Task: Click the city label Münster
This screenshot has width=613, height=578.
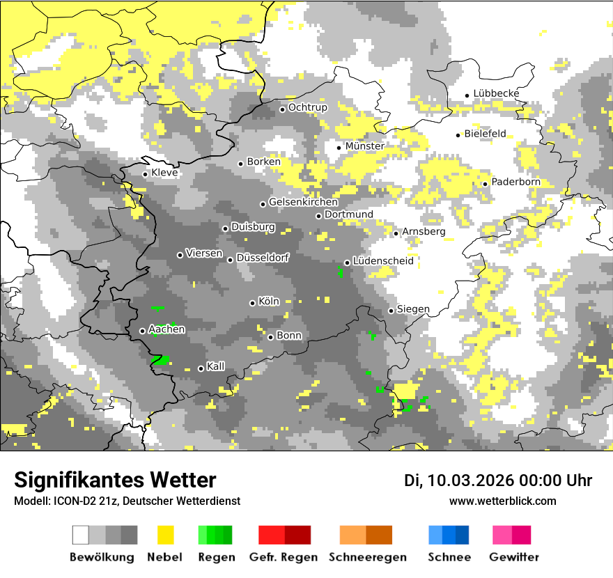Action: [364, 146]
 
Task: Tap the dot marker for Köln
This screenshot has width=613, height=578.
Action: [252, 303]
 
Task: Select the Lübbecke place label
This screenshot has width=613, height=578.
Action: [496, 94]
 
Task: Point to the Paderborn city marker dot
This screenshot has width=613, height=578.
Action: [485, 184]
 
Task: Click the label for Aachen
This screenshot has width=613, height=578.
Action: [166, 329]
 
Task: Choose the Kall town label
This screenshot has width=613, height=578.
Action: [216, 366]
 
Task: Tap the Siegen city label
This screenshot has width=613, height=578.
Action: [413, 309]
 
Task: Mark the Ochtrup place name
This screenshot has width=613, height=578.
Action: [307, 108]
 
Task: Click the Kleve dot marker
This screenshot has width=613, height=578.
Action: [145, 174]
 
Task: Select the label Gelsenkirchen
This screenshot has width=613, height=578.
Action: [303, 203]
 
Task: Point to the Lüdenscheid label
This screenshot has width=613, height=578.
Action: [383, 261]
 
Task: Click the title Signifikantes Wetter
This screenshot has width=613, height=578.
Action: [115, 480]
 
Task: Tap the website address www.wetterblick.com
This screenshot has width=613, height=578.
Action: [502, 501]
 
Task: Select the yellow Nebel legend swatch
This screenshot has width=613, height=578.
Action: [165, 535]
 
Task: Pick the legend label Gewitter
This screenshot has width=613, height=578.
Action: [513, 557]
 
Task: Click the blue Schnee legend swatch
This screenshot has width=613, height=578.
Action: [449, 535]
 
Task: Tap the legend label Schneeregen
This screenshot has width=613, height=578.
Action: [367, 557]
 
